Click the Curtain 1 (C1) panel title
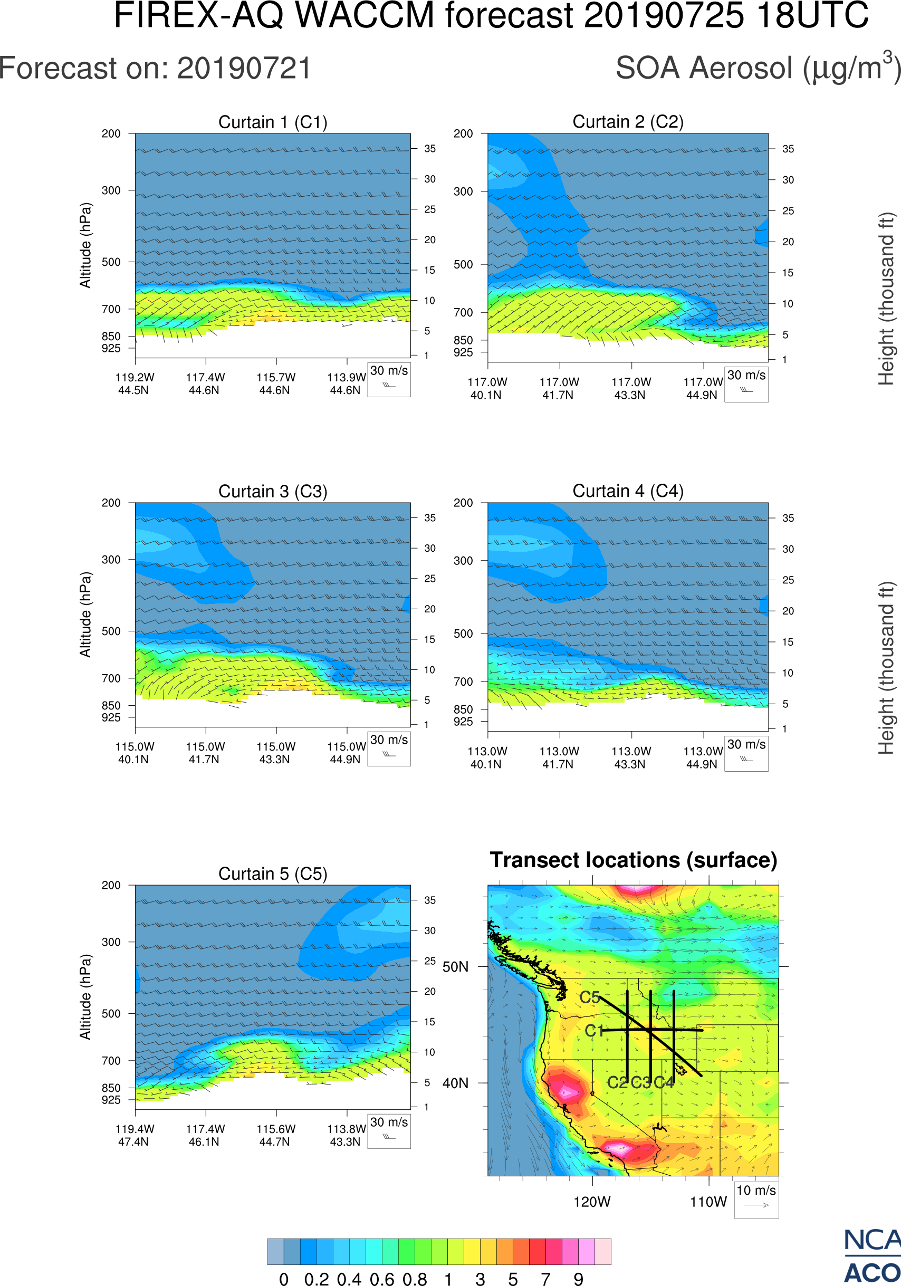(273, 122)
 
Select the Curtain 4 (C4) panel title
(628, 491)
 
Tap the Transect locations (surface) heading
(634, 860)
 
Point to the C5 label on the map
(590, 997)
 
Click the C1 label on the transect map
(594, 1031)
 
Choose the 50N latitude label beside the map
(455, 967)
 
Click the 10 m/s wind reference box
(756, 1199)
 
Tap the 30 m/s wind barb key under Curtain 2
(746, 383)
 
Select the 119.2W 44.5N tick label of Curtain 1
(135, 383)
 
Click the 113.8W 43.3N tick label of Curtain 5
(346, 1135)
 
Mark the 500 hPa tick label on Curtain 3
(111, 631)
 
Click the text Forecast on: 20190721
(155, 69)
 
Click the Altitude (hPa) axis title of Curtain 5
(85, 997)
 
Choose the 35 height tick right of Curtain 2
(788, 149)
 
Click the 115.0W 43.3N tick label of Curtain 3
(275, 753)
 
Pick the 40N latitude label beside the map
(455, 1083)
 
